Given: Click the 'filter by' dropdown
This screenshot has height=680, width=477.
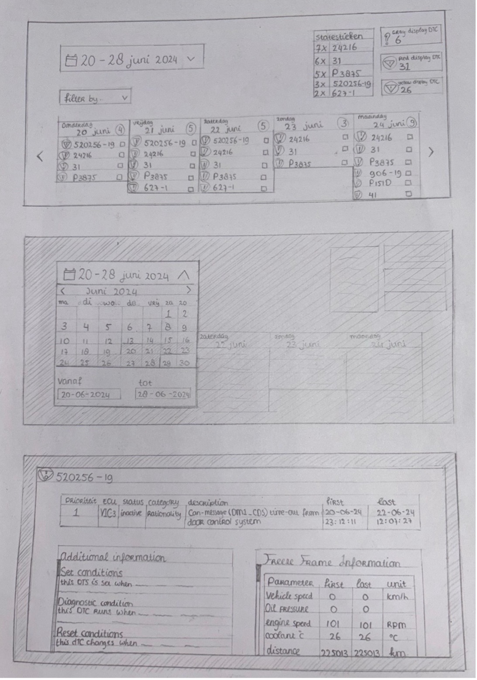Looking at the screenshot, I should tap(95, 97).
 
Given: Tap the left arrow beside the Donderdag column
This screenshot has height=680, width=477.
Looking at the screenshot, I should tap(40, 156).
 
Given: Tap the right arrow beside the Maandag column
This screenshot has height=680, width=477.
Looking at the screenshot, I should tap(431, 152).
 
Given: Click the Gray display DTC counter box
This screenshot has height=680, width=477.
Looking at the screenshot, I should tap(411, 37).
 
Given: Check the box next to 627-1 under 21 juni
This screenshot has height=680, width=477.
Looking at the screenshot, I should tap(191, 189).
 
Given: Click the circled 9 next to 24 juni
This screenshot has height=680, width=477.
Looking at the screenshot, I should tap(411, 123).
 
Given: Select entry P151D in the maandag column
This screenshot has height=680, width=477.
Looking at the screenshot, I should tap(380, 183).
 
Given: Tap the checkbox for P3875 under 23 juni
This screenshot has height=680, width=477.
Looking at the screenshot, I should tap(344, 163).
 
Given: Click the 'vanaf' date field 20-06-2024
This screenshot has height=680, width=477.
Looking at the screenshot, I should tap(89, 395).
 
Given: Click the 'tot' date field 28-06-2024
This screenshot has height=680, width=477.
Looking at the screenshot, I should tap(163, 395).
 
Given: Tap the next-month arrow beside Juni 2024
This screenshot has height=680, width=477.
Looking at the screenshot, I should tap(189, 290).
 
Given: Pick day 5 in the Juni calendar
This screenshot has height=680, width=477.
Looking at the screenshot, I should tap(108, 327).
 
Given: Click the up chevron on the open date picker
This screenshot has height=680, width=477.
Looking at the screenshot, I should tap(184, 275).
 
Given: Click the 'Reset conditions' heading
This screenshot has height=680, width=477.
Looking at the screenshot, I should tap(89, 633).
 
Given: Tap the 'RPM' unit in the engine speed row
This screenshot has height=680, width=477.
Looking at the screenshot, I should tap(396, 625).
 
